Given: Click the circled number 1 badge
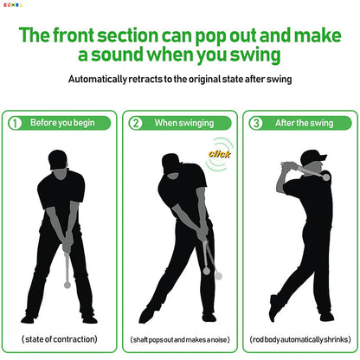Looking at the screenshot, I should [x=15, y=122].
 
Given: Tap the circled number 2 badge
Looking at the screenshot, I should [x=136, y=122].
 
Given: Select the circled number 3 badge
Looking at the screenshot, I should [x=257, y=122].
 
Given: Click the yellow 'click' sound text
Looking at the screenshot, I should [x=219, y=154].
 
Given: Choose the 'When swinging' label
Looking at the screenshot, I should [x=178, y=123].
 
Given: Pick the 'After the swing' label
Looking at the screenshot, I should [x=299, y=123].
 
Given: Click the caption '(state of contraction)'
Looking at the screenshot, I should [x=59, y=338].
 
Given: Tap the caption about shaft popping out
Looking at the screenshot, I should [x=179, y=338].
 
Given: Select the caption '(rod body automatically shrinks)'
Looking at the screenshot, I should [x=300, y=338].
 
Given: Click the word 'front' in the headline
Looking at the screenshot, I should [x=93, y=35].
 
